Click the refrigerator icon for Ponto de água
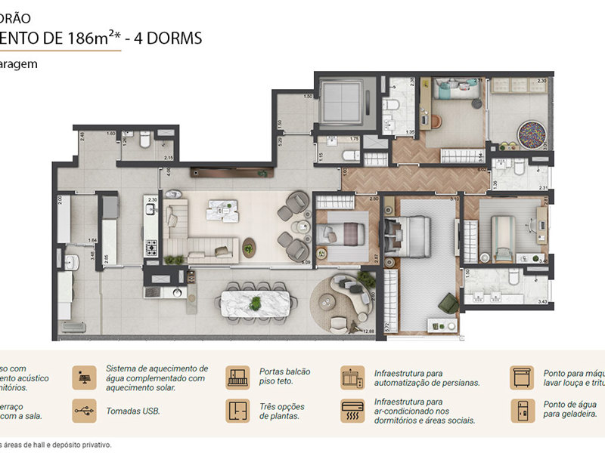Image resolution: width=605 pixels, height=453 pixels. tap(521, 411)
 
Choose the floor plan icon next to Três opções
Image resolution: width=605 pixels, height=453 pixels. tap(237, 411)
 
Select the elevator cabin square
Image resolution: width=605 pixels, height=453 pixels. tap(339, 103)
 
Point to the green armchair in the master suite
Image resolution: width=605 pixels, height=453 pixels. tap(448, 304)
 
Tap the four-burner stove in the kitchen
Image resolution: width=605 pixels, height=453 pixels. tap(150, 245)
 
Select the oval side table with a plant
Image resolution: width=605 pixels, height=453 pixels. tap(249, 246)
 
